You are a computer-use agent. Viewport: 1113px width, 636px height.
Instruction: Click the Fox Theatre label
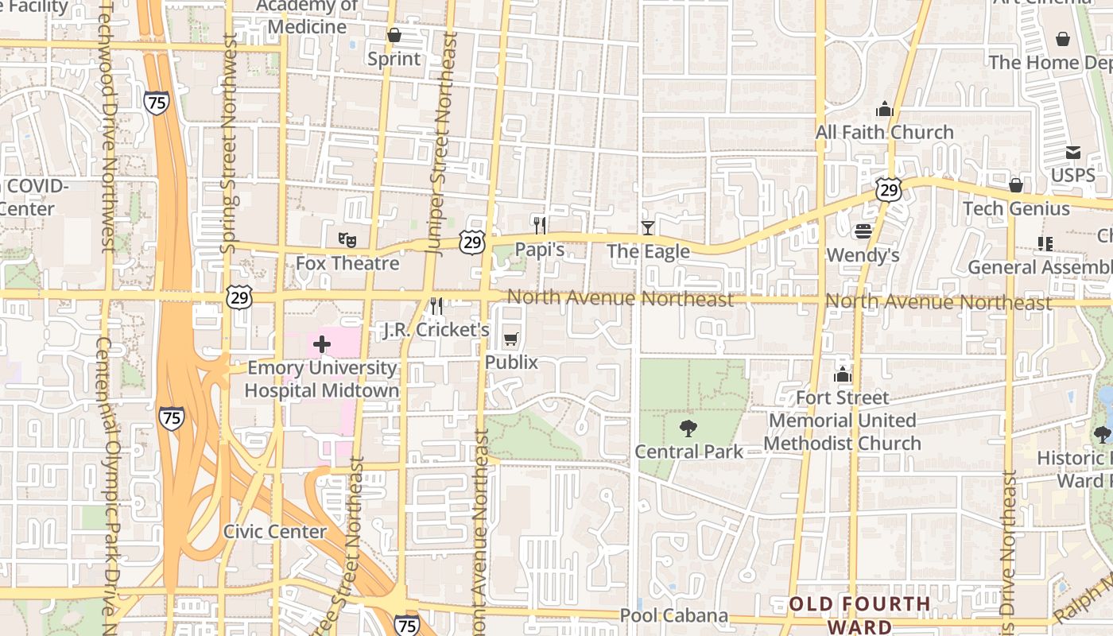[347, 262]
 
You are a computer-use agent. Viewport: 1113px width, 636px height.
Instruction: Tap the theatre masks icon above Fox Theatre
[347, 238]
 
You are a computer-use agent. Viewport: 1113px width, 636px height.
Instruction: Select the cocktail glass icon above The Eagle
[648, 228]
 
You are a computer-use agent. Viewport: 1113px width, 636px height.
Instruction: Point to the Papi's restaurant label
[540, 250]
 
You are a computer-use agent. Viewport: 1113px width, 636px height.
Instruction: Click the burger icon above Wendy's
[863, 231]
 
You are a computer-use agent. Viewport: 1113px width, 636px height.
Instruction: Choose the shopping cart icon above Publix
[511, 339]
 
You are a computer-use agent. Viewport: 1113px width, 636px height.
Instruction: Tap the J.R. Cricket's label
[436, 329]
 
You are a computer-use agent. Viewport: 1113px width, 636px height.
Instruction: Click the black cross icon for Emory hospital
[322, 344]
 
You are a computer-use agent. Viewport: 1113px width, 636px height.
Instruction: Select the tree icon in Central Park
[688, 429]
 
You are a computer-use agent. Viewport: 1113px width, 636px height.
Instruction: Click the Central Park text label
[688, 452]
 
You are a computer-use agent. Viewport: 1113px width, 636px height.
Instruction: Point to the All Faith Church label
[885, 132]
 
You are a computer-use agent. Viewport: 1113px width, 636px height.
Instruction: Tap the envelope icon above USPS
[1073, 152]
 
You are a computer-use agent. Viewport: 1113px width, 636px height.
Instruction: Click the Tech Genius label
[1016, 208]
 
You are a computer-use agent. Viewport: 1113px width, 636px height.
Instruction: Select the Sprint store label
[394, 59]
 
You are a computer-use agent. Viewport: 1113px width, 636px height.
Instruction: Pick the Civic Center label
[275, 532]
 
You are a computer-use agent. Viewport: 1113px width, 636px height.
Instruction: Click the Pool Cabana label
[674, 615]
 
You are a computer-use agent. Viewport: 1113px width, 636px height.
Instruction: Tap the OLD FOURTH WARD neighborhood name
[859, 615]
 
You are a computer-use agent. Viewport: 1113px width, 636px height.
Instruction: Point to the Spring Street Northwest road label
[229, 143]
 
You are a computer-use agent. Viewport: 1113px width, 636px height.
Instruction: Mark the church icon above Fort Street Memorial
[843, 374]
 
